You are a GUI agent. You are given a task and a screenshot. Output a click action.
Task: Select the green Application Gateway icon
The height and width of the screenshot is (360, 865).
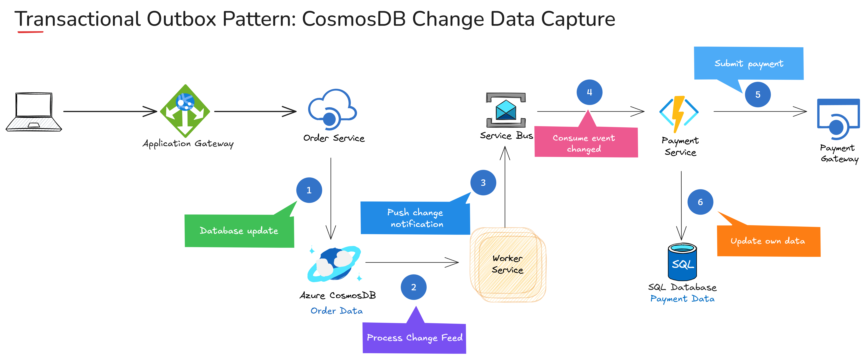pos(185,111)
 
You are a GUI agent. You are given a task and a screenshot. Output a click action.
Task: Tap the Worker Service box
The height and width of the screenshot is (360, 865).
pos(508,265)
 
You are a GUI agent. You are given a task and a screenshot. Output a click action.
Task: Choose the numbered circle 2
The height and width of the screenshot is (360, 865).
pos(413,287)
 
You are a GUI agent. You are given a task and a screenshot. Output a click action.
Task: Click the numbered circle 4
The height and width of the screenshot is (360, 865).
pos(589,92)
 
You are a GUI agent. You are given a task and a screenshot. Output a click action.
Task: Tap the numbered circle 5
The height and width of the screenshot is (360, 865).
pos(758,95)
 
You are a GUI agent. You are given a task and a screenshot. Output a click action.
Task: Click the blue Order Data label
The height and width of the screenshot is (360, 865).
pos(336,311)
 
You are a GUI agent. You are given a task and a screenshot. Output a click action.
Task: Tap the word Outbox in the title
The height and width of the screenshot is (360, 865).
pos(181,19)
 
